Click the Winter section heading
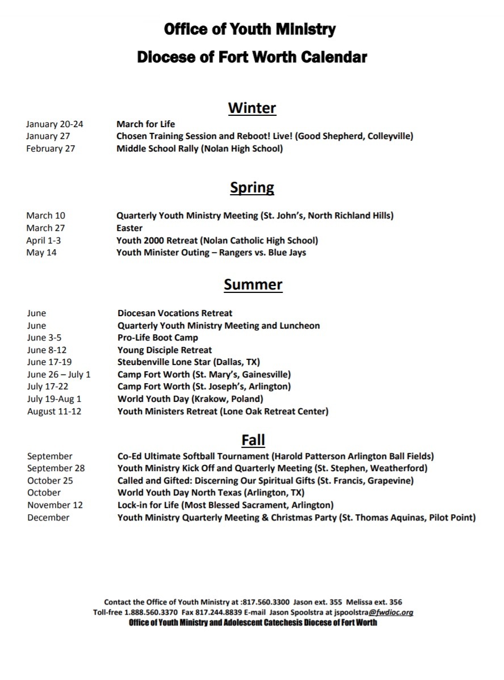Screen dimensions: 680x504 252,108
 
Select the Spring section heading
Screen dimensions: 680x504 252,187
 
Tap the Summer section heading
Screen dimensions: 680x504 253,284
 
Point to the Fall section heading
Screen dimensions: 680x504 253,440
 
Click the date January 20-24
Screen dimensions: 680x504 54,124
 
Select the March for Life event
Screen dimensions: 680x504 146,124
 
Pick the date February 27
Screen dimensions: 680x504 51,149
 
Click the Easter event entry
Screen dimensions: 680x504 129,228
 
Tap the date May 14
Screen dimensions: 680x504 41,253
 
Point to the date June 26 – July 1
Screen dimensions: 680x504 59,375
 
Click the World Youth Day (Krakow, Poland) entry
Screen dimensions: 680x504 190,399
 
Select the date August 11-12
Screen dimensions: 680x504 54,412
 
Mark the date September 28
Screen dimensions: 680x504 56,468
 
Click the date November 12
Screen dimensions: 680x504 55,505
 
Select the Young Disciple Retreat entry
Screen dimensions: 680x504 165,350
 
